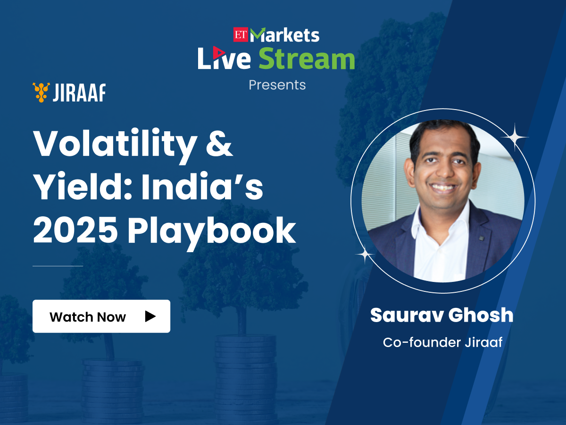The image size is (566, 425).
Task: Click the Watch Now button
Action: tap(101, 316)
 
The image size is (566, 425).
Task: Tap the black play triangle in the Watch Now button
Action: tap(150, 316)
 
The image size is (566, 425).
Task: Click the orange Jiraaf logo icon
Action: tap(41, 92)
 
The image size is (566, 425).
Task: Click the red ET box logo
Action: tap(241, 34)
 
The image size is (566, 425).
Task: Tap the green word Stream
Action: tap(307, 59)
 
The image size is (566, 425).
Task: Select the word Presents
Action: tap(277, 85)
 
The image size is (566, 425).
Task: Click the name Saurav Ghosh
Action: tap(441, 315)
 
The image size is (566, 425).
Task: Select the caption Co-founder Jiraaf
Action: tap(442, 342)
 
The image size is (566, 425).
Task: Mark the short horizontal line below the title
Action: tap(58, 266)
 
